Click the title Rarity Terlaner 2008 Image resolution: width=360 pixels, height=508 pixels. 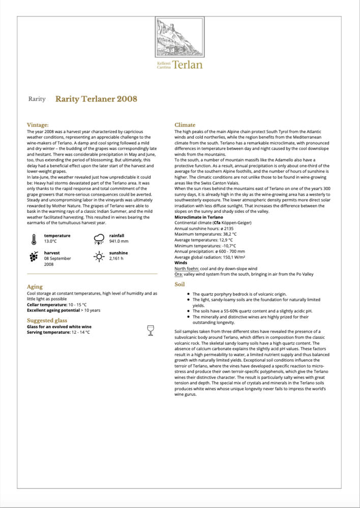96,99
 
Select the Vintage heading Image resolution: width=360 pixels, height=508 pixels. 38,124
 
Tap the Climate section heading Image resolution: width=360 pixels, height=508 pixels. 185,124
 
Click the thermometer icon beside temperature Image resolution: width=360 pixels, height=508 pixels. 34,239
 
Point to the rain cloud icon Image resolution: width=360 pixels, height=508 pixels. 99,239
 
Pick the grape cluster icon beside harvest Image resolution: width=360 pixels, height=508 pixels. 34,257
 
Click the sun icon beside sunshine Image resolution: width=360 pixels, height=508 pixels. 99,256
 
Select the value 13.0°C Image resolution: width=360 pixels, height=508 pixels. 50,241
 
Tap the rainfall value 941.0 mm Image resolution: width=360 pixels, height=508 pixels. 118,241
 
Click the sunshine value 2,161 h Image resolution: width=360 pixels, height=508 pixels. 117,259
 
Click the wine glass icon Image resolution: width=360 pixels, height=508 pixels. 150,330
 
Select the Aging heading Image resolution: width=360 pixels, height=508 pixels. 35,287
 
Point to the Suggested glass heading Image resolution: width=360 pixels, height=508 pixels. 47,321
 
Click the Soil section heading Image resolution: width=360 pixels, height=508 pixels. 179,284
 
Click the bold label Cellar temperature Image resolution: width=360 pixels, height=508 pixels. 47,304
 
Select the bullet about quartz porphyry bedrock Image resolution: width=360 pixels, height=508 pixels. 239,294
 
